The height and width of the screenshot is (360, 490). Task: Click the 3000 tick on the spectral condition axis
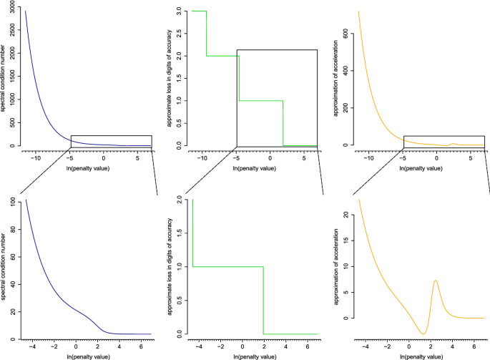point(15,11)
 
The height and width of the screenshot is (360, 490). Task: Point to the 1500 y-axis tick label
point(15,79)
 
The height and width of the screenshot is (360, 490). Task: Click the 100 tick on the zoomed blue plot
point(15,202)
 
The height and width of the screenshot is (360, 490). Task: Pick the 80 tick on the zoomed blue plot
point(15,228)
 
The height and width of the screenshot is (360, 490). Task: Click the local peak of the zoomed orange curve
point(435,281)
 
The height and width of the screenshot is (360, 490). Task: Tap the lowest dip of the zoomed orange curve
point(423,334)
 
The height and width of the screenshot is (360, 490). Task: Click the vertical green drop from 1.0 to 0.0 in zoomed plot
point(263,301)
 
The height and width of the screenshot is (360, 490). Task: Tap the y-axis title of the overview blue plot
point(4,78)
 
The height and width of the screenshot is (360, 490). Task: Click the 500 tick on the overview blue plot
point(15,123)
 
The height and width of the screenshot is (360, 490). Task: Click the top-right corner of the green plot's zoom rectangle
point(317,50)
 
